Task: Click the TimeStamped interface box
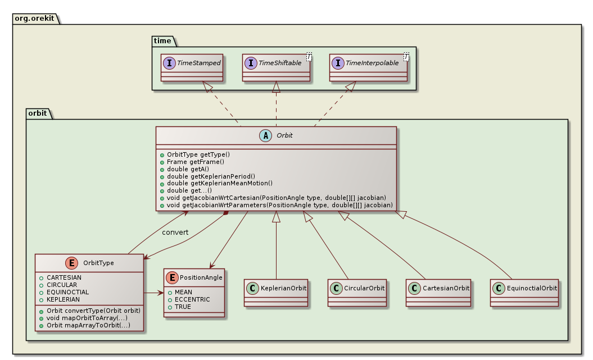(192, 68)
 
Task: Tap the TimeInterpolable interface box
(369, 68)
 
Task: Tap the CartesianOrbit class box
(438, 292)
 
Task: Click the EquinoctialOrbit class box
(524, 292)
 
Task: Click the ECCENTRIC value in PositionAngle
(192, 299)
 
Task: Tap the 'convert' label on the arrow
(175, 233)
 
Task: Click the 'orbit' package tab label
(38, 113)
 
